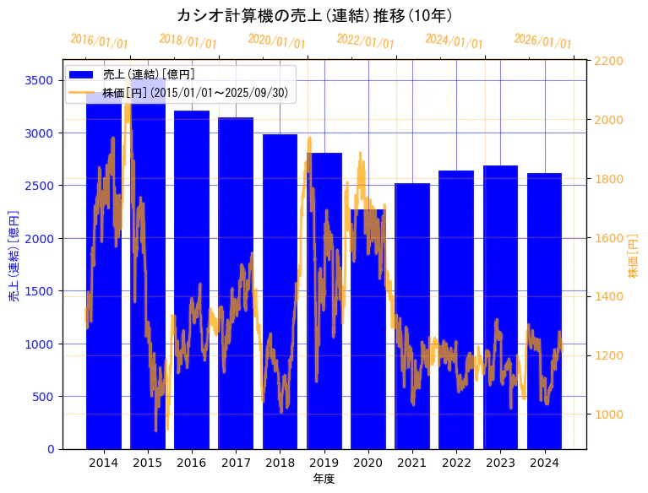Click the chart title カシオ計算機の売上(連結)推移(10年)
pos(314,15)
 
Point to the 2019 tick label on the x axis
pos(324,463)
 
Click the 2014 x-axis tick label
pos(103,463)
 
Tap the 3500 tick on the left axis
pos(38,80)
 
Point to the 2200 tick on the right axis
pos(608,61)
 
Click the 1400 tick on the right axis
pos(608,296)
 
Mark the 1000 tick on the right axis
pos(608,414)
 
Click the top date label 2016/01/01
pos(99,41)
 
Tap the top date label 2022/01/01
pos(365,41)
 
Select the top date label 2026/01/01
pos(542,41)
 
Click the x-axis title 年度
pos(324,479)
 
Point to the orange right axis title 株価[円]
pos(633,257)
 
